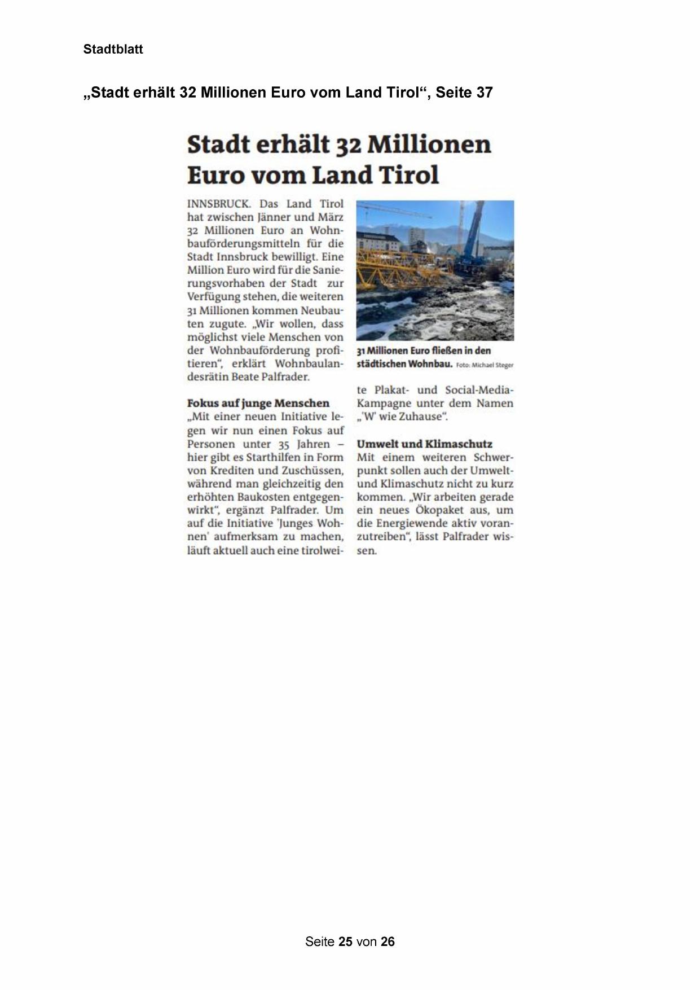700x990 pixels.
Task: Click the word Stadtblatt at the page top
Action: pos(113,49)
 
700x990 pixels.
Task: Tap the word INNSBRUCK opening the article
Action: pos(218,204)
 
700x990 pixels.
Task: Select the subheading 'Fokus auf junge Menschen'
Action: pos(258,403)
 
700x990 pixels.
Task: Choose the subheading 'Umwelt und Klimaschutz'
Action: pos(424,444)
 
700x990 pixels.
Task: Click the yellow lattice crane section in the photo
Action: pos(395,265)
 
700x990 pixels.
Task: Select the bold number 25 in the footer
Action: pos(346,941)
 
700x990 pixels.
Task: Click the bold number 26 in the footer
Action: pos(388,941)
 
